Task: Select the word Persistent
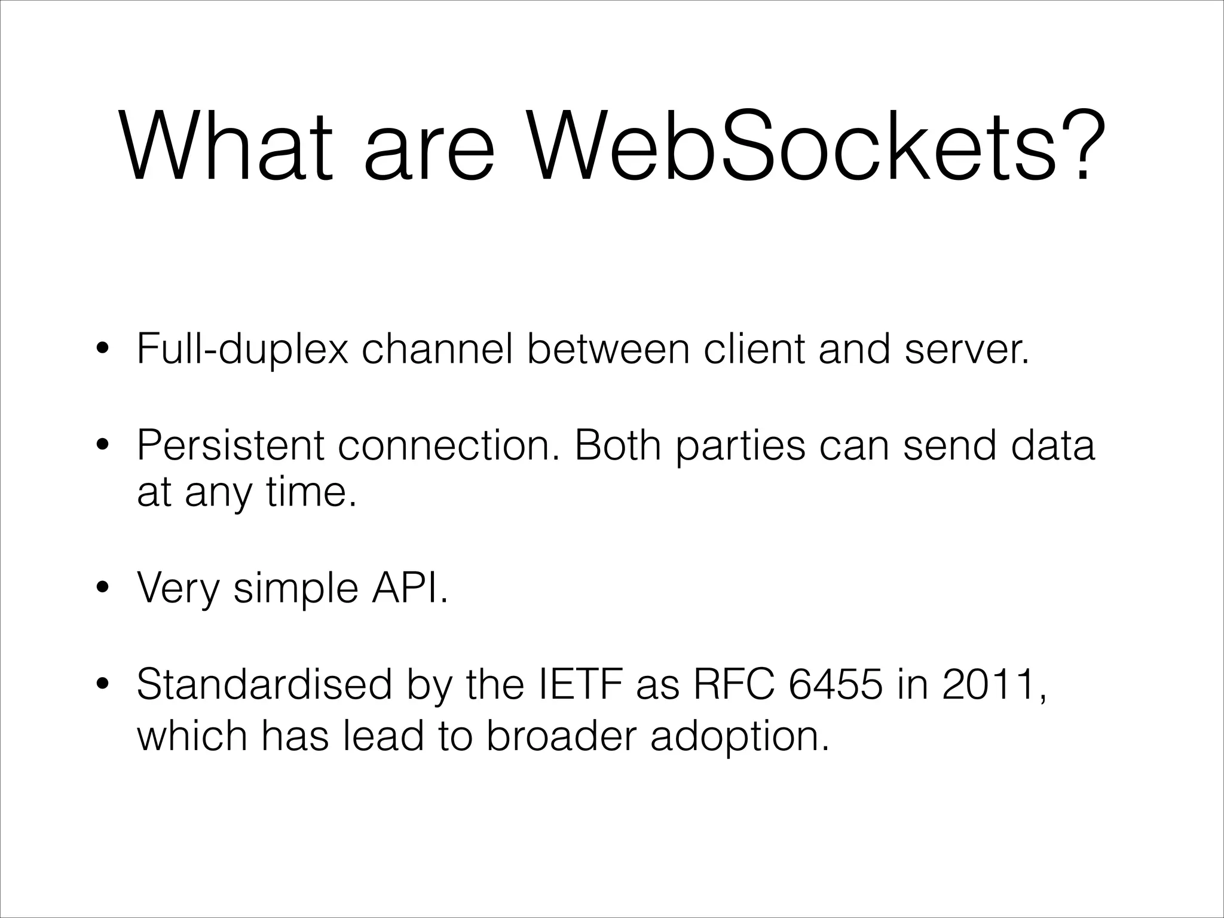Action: [230, 445]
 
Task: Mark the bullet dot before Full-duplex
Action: [103, 350]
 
